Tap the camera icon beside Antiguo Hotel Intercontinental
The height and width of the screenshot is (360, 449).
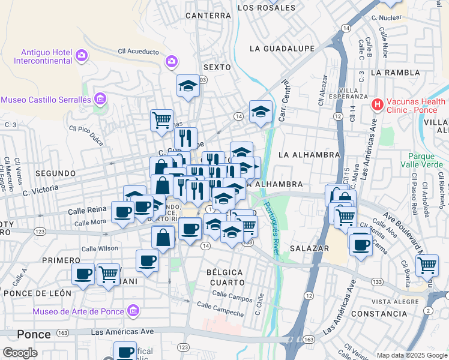[81, 56]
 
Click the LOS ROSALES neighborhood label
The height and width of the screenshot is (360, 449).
[267, 8]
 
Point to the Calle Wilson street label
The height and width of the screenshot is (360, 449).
[100, 248]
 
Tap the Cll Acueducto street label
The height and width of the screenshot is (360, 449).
[138, 52]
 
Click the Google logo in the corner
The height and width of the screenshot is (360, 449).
[20, 353]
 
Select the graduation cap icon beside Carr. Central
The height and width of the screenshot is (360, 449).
[261, 112]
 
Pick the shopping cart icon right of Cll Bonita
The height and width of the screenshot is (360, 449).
[427, 265]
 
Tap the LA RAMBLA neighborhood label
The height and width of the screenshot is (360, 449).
[393, 72]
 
